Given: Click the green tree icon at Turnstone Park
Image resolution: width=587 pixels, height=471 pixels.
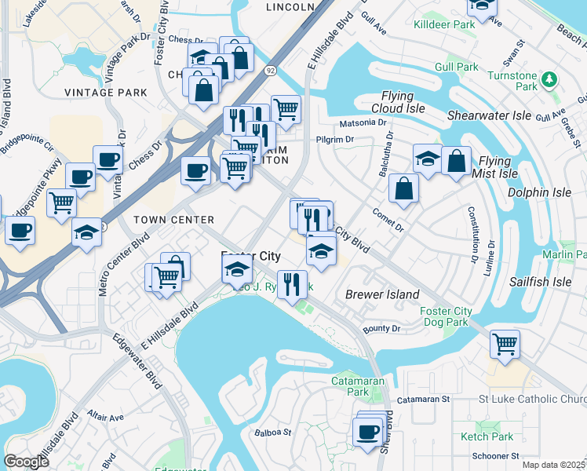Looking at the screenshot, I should tap(550, 79).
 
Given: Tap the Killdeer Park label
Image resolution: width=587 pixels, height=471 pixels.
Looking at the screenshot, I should tap(444, 24).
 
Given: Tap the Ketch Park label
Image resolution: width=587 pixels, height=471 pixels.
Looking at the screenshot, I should tap(487, 436).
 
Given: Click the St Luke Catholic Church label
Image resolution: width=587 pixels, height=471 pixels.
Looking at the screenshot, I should tap(533, 400).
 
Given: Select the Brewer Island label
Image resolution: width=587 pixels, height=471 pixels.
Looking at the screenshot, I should tap(382, 294).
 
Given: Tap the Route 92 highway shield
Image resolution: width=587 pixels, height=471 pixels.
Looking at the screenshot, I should tap(271, 70).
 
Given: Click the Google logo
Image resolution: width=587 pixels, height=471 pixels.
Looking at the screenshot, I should tap(27, 462).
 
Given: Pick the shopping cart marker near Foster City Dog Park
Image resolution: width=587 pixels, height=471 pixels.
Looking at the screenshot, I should tap(505, 342).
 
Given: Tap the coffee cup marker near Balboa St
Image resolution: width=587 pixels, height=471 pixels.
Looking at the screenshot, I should tap(366, 431).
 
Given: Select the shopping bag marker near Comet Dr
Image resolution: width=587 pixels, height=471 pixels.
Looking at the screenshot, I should tap(403, 188).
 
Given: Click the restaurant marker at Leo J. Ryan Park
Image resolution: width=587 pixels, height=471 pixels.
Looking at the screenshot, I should tap(292, 283).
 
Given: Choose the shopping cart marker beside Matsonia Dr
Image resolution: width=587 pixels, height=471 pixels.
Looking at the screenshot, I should tap(286, 109).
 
